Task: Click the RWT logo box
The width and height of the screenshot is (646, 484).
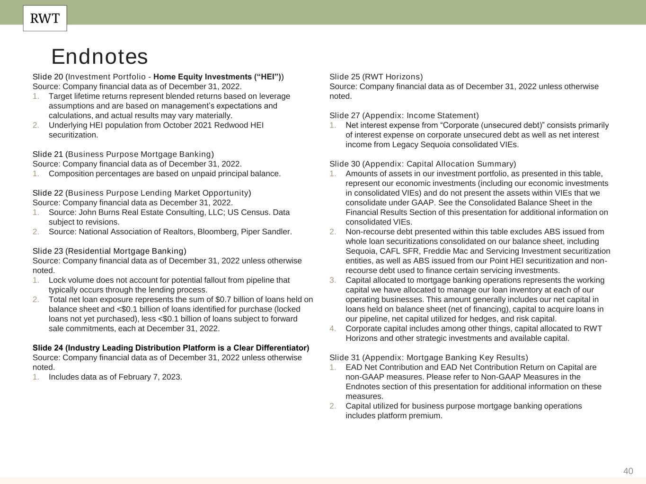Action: tap(45, 18)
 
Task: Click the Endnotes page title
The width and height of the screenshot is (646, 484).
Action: tap(99, 57)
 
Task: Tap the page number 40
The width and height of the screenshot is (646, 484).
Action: tap(628, 471)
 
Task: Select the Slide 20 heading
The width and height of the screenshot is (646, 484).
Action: tap(158, 77)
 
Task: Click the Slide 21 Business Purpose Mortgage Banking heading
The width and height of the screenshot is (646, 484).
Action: tap(123, 154)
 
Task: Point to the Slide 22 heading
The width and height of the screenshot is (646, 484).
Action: tap(142, 193)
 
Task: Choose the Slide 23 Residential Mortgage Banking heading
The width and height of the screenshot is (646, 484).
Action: tap(109, 251)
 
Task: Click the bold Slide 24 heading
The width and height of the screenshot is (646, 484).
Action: tap(171, 348)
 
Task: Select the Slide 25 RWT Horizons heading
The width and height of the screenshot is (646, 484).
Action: tap(376, 77)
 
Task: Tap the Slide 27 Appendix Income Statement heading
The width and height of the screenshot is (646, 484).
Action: tap(404, 115)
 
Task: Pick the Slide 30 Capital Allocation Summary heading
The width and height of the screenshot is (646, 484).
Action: tap(423, 164)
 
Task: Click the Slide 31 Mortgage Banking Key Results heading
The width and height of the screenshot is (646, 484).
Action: tap(428, 358)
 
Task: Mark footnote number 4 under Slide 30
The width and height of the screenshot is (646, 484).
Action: tap(333, 328)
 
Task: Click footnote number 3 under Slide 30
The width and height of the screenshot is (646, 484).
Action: tap(333, 280)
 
